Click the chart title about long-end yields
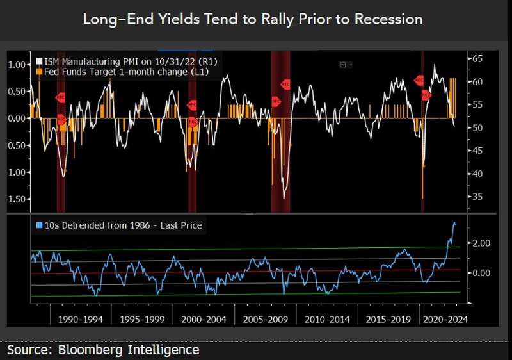point(253,19)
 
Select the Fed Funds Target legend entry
point(125,72)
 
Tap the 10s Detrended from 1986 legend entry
point(122,225)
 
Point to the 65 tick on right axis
point(477,59)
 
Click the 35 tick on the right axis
point(477,197)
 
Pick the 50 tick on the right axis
point(477,128)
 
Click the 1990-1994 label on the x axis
point(81,318)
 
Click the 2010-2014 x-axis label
point(326,318)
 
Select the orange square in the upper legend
point(38,72)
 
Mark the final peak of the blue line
point(454,223)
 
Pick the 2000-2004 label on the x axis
point(204,318)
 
